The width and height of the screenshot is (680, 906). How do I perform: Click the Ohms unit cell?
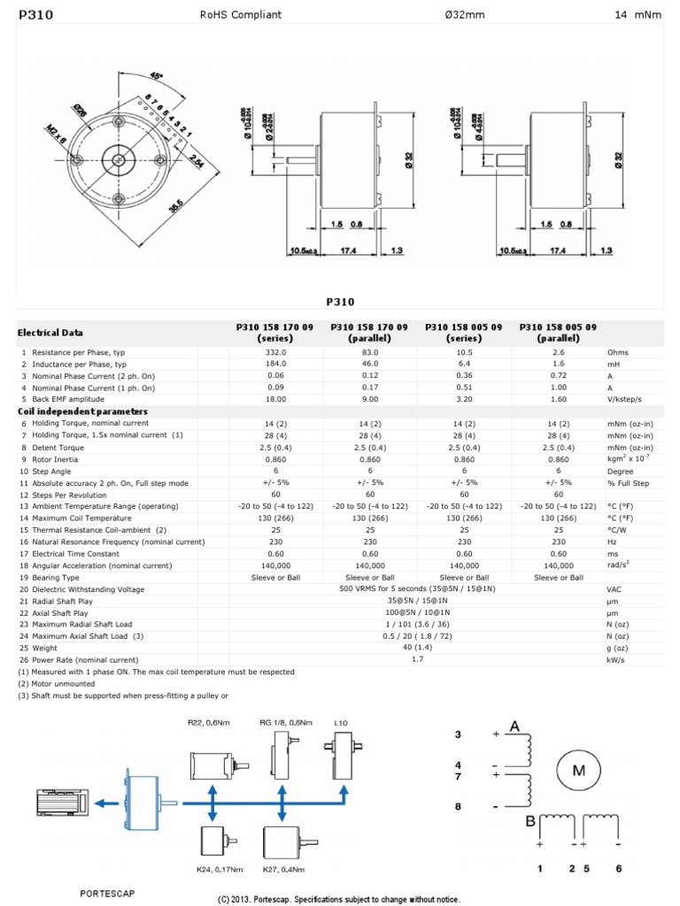(617, 352)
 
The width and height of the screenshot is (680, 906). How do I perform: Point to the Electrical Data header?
(50, 333)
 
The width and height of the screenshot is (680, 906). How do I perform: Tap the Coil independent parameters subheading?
(72, 411)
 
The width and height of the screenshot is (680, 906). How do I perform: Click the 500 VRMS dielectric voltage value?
(416, 588)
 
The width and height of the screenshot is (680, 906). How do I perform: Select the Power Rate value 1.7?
(417, 659)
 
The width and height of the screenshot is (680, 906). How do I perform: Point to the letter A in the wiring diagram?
(514, 726)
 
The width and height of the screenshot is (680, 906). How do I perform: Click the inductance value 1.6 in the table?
(559, 364)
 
